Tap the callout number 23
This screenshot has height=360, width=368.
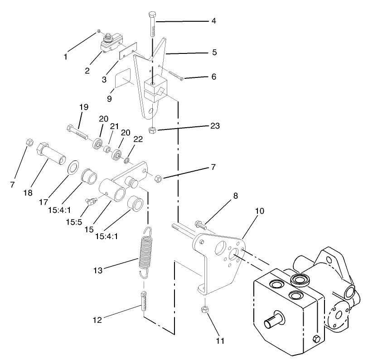click(x=214, y=126)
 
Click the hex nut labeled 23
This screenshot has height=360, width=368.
click(x=153, y=130)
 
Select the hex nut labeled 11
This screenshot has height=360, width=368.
click(x=204, y=310)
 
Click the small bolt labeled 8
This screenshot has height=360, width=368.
click(x=200, y=224)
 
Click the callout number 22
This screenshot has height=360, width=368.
click(x=138, y=139)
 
